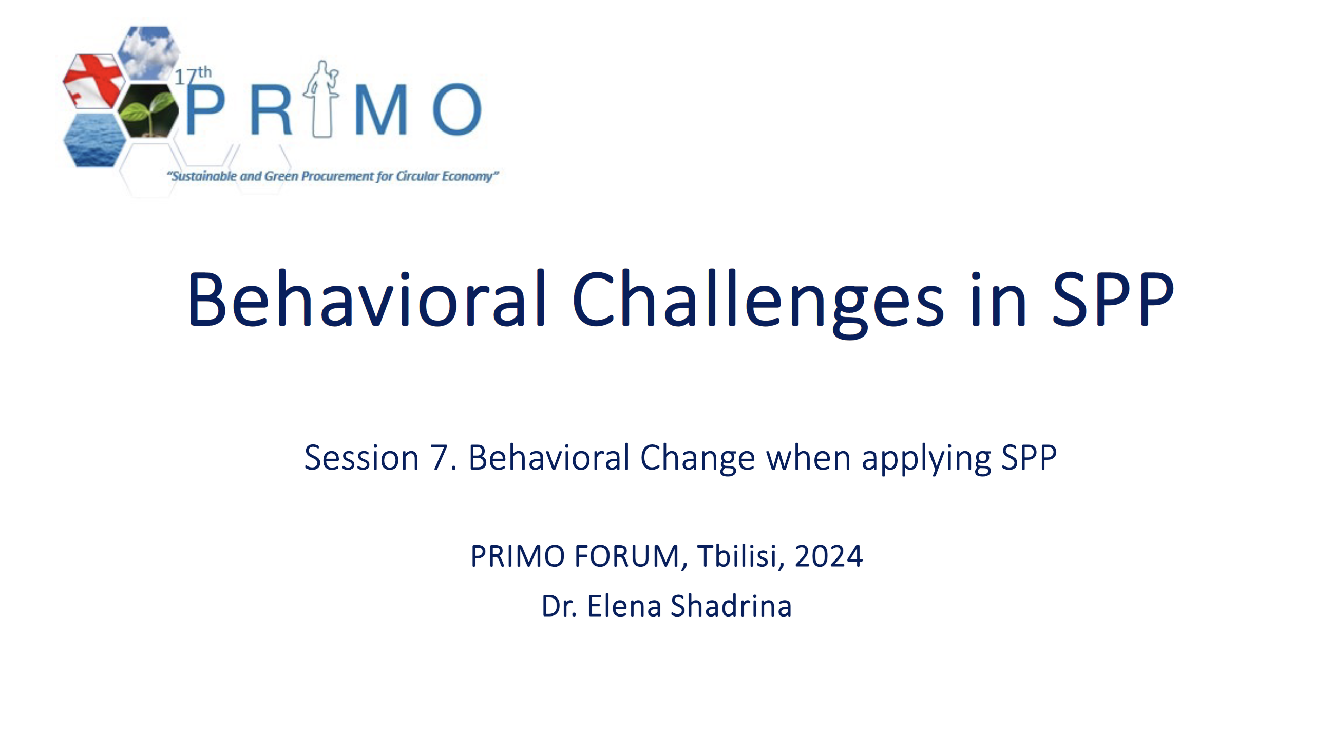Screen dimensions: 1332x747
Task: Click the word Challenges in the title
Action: [x=758, y=303]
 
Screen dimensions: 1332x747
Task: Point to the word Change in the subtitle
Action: [x=697, y=459]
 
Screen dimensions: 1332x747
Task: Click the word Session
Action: [x=361, y=458]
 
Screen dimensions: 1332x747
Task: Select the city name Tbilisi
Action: [x=737, y=556]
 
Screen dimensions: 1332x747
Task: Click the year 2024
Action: [x=828, y=556]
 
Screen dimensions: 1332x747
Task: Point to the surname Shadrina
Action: [x=731, y=606]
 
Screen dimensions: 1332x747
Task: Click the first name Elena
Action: [x=624, y=606]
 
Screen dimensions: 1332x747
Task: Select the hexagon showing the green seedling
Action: [x=148, y=110]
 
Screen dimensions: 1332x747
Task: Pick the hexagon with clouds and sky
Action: [x=148, y=53]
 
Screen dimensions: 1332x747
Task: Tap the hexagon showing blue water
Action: [x=94, y=140]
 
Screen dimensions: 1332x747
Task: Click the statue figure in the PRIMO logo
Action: [x=322, y=99]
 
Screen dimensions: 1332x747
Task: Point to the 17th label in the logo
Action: [x=193, y=76]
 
